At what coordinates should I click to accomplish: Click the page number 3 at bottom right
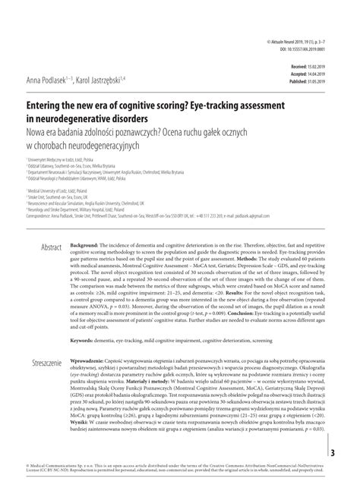(352, 454)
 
